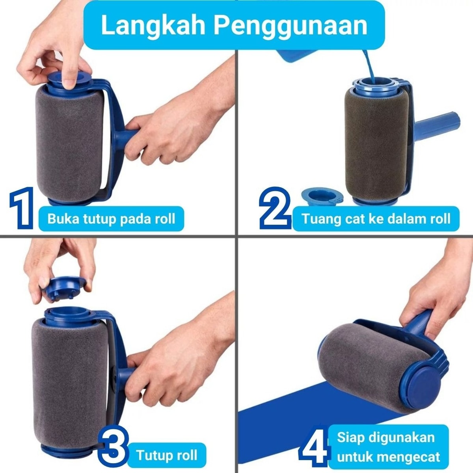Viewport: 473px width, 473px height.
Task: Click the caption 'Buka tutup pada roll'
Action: (111, 219)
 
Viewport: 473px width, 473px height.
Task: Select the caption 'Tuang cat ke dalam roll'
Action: (376, 219)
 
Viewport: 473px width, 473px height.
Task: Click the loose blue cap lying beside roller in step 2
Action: (322, 196)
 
